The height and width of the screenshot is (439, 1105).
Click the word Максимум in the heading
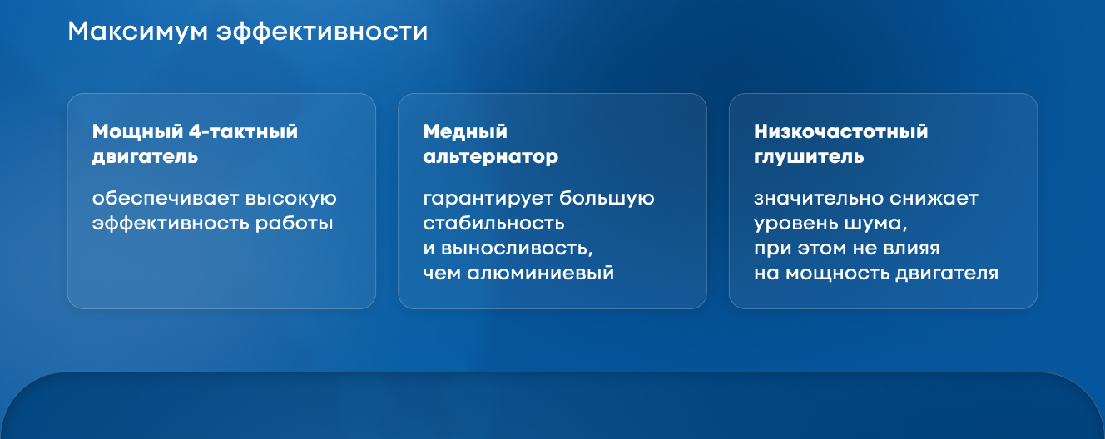137,32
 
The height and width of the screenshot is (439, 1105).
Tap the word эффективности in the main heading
322,32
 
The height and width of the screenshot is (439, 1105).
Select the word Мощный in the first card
137,132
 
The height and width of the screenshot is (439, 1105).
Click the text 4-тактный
244,131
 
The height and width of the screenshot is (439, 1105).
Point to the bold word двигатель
145,157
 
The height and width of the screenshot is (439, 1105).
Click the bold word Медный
465,131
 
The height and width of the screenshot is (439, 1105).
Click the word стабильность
493,224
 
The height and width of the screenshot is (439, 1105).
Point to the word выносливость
517,249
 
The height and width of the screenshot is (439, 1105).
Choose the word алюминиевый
540,274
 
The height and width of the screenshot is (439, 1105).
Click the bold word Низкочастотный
841,131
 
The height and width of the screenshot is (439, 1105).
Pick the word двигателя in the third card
947,274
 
